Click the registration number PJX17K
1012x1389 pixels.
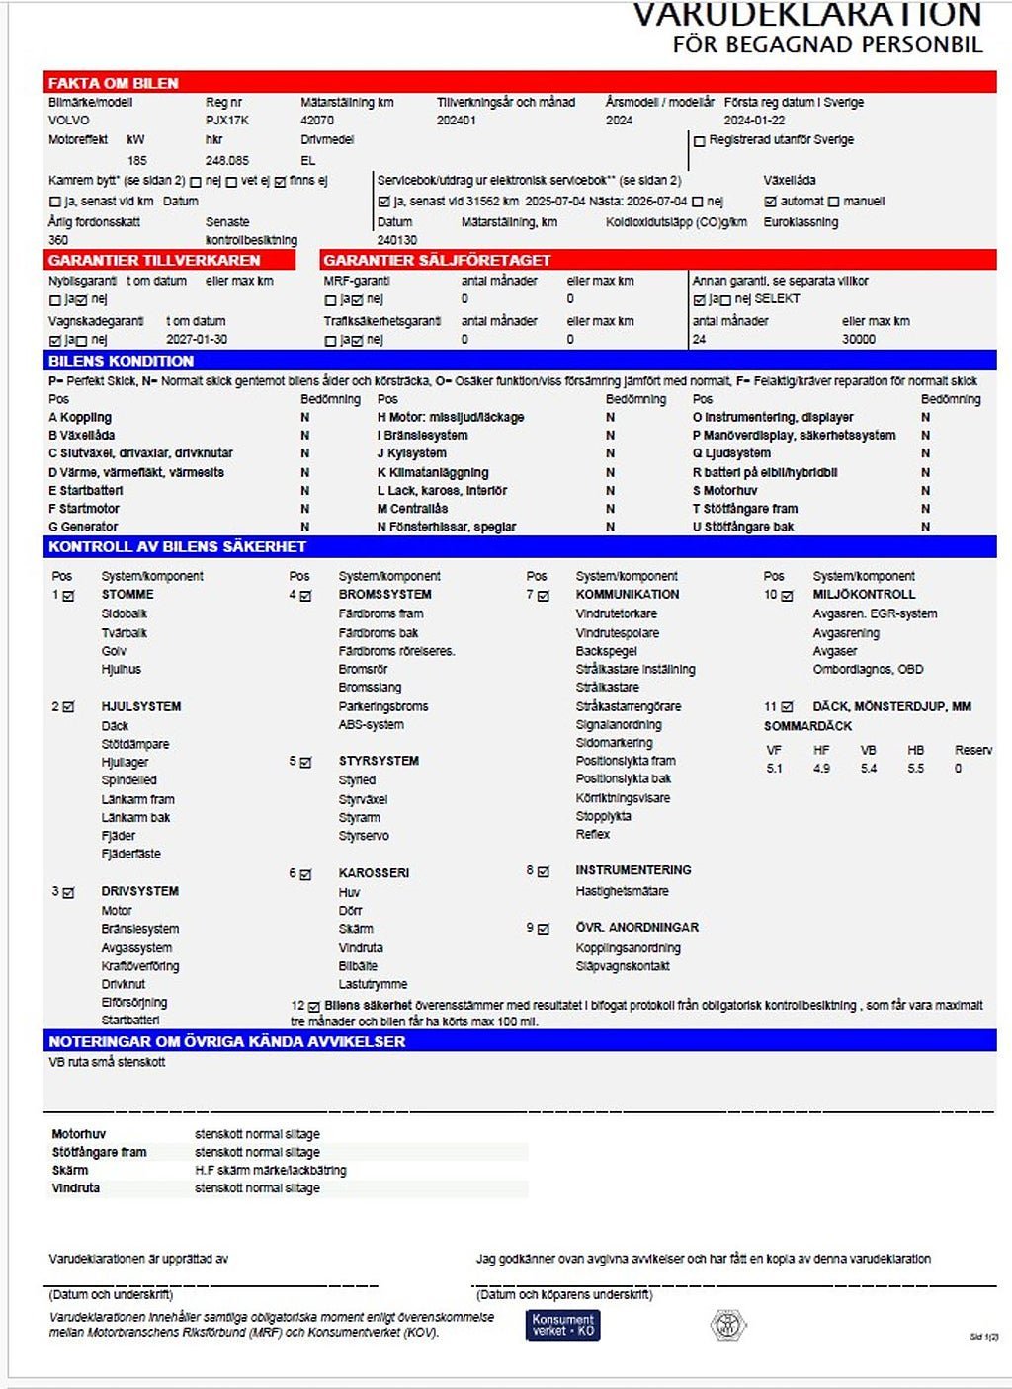226,121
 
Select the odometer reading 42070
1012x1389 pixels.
317,121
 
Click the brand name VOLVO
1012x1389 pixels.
68,121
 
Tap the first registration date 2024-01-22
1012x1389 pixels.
754,121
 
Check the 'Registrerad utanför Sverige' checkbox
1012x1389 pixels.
700,141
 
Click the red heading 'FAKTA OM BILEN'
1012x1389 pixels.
114,83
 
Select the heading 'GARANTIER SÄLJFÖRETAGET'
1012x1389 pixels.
437,260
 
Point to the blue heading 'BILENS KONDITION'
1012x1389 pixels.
121,361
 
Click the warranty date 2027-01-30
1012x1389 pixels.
197,339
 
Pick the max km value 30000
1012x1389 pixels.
858,339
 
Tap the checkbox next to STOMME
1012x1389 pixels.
68,596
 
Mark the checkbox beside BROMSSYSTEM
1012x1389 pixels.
305,596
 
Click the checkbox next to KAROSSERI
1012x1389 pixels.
305,874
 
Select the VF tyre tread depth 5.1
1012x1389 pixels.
774,769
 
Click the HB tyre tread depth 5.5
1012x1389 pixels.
915,769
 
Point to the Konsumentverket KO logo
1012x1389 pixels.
562,1325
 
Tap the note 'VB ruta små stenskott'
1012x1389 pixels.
107,1063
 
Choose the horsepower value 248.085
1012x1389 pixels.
227,160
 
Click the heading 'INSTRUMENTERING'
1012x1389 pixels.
633,870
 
